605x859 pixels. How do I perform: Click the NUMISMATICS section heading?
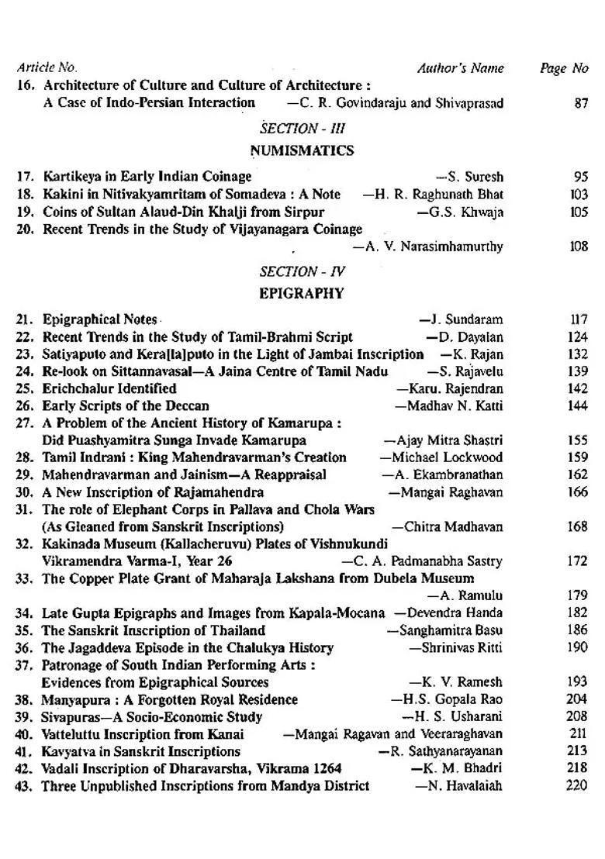coord(302,150)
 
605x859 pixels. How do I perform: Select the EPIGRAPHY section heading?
coord(302,294)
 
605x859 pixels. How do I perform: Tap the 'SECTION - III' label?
coord(302,128)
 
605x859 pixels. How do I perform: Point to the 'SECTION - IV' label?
coord(302,271)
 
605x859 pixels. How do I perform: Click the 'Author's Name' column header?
coord(460,68)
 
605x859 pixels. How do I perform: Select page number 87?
coord(581,103)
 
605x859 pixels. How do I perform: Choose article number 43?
coord(23,785)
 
